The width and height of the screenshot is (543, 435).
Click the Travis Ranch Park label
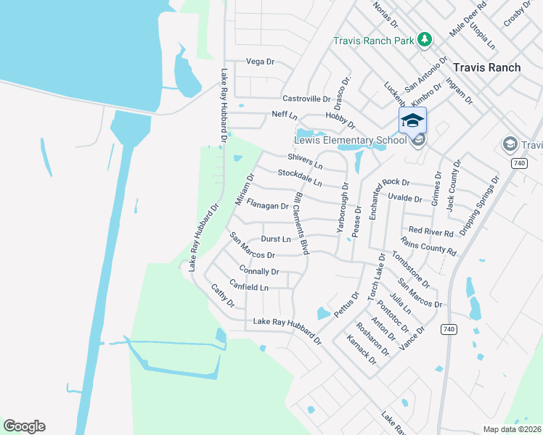373,41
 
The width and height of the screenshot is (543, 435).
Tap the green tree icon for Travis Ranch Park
425,40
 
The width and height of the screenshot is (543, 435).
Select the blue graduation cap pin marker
412,120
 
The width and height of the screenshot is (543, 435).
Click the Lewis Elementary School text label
350,140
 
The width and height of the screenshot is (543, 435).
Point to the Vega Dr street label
261,62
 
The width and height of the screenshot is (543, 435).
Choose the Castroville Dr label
306,99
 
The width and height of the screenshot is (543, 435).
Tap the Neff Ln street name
285,115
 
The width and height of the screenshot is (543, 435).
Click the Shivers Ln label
305,161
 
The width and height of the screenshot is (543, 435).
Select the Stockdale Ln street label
299,178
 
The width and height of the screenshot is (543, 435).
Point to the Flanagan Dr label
267,206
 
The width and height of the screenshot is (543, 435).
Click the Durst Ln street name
275,239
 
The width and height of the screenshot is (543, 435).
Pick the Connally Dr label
258,271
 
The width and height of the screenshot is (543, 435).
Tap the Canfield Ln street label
249,287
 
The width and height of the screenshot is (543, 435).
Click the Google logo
24,426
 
